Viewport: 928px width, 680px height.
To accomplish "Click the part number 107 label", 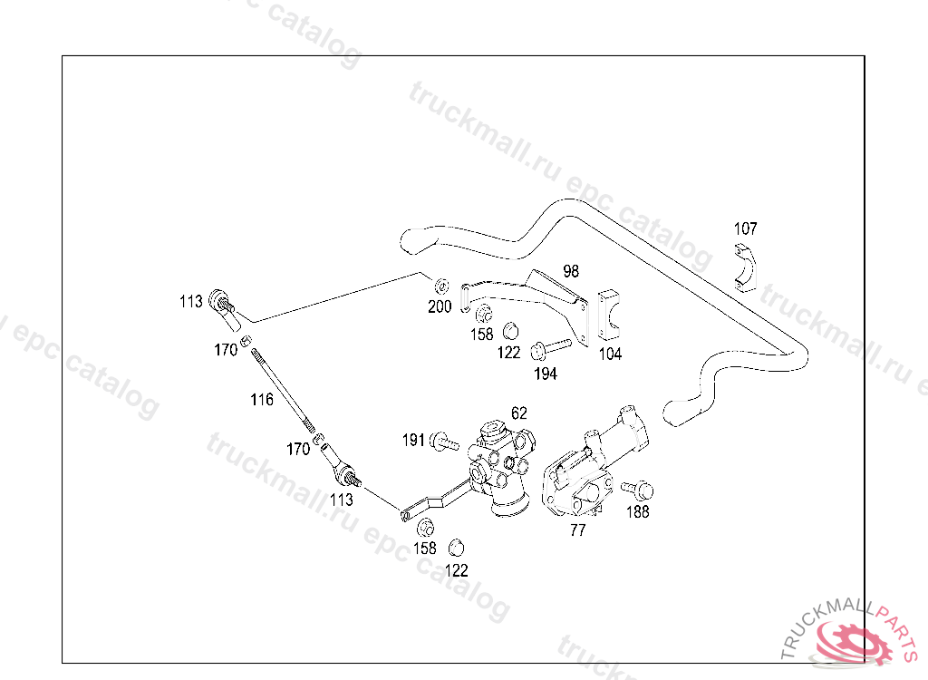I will click(x=745, y=229).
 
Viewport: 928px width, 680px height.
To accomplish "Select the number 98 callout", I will click(x=570, y=270).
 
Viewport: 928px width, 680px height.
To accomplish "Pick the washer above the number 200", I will click(x=440, y=283).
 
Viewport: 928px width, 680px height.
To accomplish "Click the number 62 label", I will click(x=518, y=413).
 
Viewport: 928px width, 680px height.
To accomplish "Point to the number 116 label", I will click(x=262, y=399).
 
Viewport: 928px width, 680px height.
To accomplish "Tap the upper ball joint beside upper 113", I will click(x=223, y=305).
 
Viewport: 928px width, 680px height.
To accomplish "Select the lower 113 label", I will click(x=342, y=499).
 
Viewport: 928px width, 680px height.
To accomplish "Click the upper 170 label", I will click(x=226, y=350).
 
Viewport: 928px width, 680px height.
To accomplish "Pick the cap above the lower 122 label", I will click(x=457, y=547).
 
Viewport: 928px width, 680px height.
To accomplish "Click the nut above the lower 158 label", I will click(x=422, y=527).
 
